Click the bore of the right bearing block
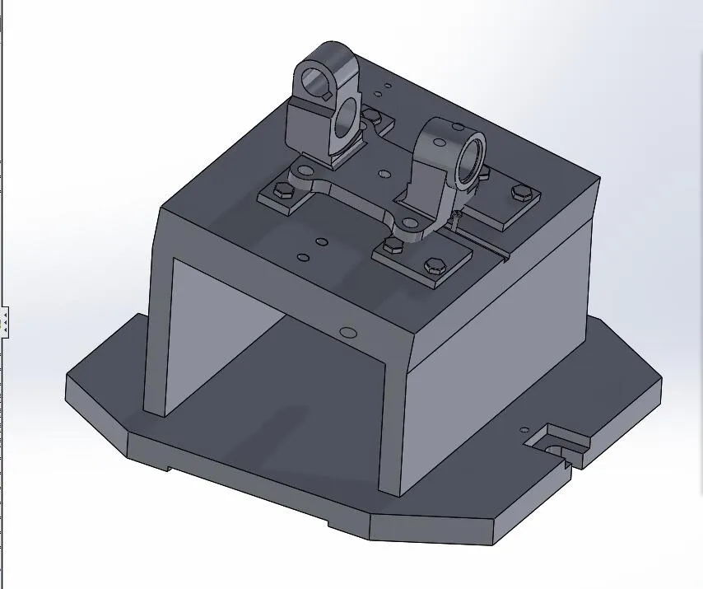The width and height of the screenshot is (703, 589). [471, 157]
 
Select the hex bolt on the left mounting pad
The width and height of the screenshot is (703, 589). [282, 191]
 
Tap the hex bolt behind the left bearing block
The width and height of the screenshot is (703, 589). [371, 114]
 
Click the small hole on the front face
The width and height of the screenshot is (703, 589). [347, 332]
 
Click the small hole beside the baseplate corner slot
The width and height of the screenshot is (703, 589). [524, 429]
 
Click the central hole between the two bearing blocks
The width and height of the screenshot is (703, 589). [384, 175]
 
